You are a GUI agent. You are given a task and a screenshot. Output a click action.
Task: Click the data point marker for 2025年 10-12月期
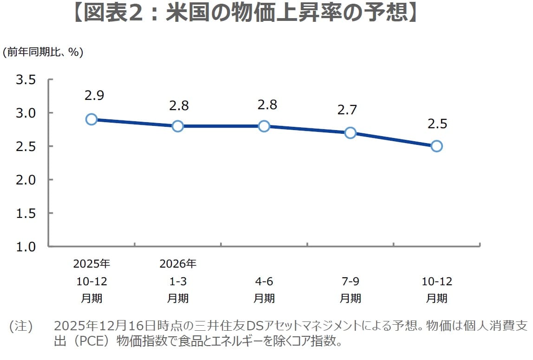point(91,119)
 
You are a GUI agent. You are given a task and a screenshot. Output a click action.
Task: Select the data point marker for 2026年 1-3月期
point(178,126)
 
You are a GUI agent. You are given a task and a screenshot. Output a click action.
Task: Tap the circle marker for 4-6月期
point(264,126)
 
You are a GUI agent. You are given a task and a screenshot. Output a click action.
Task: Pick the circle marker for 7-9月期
point(350,133)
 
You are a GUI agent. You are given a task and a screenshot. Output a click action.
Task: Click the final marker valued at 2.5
point(436,146)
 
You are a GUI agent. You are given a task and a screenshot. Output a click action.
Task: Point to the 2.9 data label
point(94,96)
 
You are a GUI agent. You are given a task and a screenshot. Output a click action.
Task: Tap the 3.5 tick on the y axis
point(26,80)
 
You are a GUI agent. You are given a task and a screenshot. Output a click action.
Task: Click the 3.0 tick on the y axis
point(26,113)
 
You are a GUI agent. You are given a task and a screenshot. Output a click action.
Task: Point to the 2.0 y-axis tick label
point(26,180)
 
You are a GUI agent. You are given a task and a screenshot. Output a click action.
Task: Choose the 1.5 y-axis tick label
point(26,213)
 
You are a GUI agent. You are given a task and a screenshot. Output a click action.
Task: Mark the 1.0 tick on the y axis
point(26,246)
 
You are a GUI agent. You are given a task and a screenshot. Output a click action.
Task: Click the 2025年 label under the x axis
point(91,264)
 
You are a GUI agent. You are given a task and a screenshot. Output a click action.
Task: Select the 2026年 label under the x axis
point(178,264)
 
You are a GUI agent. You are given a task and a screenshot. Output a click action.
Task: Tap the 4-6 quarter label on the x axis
point(264,281)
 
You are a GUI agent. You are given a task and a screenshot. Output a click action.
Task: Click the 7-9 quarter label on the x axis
point(350,281)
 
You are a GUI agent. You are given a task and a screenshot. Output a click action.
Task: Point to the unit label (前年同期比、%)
point(43,52)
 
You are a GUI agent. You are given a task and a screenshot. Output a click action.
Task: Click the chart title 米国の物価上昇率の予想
point(246,13)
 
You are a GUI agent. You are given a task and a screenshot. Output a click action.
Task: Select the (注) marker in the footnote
point(21,327)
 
